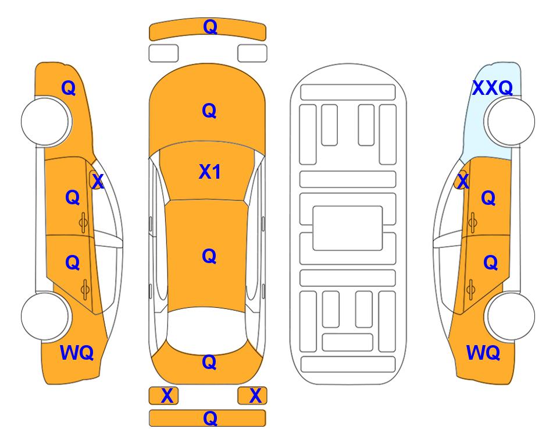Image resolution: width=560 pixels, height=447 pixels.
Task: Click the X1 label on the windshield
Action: tap(210, 172)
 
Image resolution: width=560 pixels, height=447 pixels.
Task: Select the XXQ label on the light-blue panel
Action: tap(493, 88)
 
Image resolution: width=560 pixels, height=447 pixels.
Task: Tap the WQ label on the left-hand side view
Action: tap(77, 353)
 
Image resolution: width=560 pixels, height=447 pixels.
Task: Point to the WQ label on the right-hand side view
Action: tap(483, 353)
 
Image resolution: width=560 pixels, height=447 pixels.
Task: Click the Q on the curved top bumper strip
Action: tap(210, 27)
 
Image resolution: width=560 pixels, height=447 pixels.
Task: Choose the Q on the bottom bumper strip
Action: tap(210, 418)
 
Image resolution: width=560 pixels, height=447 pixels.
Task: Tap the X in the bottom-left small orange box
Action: tap(167, 396)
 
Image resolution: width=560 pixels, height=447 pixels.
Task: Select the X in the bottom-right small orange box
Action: tap(255, 396)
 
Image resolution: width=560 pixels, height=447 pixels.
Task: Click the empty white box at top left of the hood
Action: tap(163, 54)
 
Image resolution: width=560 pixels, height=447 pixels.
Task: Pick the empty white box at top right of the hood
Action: tap(252, 54)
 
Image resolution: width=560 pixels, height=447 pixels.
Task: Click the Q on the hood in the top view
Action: tap(209, 111)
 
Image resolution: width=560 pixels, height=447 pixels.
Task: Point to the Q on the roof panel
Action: tap(209, 256)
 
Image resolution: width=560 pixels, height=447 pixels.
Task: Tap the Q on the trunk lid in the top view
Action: tap(209, 362)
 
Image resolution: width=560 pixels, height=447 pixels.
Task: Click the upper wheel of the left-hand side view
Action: tap(45, 121)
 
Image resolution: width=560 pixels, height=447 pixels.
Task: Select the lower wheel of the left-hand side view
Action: tap(45, 316)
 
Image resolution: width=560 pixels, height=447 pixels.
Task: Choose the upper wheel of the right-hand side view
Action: tap(510, 121)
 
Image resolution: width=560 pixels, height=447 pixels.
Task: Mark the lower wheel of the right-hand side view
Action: tap(511, 316)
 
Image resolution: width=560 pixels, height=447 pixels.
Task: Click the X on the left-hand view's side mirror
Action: tap(98, 182)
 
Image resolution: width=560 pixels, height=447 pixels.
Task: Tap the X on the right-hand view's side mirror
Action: tap(463, 181)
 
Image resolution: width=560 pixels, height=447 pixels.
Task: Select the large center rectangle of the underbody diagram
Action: tap(348, 228)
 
